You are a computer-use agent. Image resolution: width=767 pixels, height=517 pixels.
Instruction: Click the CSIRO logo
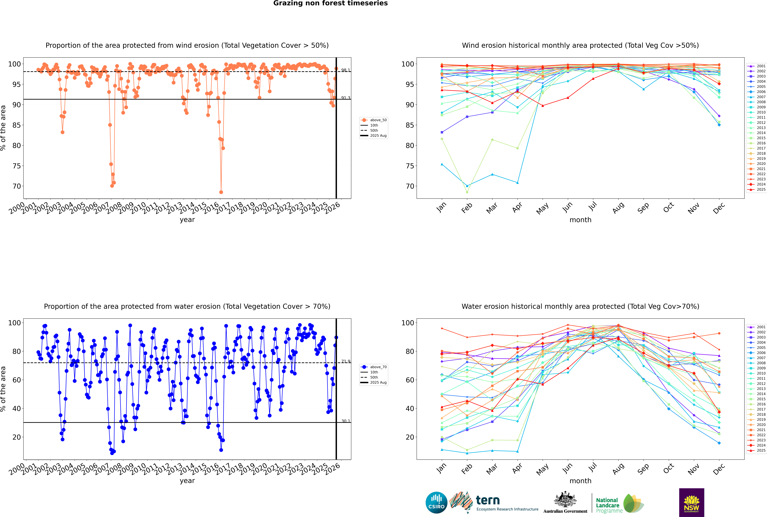point(436,503)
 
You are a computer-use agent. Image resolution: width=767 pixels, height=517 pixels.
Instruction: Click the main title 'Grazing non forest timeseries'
point(330,3)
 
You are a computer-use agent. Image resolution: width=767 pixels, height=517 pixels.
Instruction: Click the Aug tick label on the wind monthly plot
point(618,208)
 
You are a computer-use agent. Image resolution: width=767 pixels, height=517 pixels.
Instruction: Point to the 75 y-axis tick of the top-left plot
point(16,166)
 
